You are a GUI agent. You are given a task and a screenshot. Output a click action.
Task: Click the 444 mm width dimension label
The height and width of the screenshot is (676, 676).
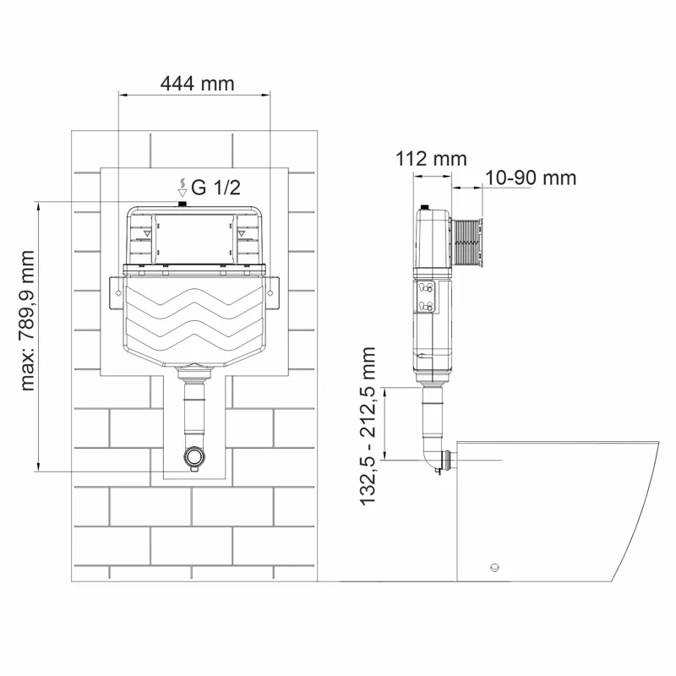[196, 83]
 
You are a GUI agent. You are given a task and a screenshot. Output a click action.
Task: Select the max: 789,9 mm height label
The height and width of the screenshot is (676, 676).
[30, 321]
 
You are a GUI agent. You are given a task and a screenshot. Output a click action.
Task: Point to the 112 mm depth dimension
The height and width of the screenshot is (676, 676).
[430, 158]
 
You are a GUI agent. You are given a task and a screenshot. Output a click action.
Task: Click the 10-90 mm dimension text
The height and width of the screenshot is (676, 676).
[532, 177]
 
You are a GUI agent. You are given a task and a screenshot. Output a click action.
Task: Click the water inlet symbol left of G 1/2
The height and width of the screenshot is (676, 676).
[181, 187]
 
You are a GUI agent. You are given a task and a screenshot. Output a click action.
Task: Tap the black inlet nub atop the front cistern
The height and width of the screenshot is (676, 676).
[182, 204]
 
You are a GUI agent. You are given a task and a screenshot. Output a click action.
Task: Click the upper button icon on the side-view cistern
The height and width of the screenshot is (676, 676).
[425, 289]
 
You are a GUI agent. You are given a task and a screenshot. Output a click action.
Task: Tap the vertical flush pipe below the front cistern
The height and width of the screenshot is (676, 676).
[194, 410]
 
